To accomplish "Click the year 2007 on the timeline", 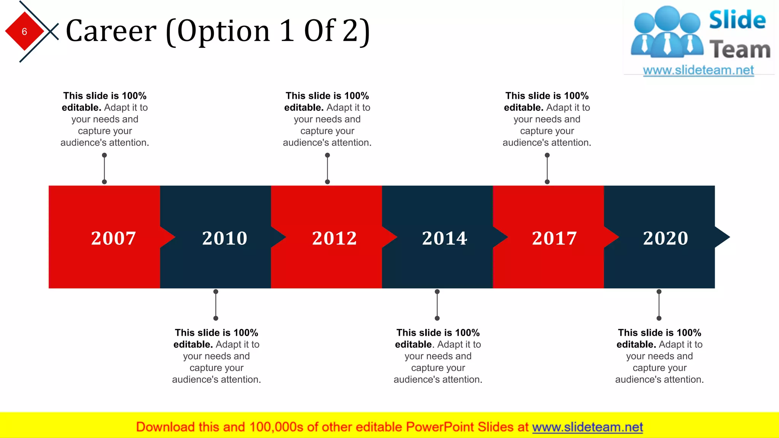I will coord(113,238).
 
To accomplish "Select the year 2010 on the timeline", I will coord(224,238).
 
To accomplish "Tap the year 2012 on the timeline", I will coord(334,238).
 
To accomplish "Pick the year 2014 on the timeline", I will coord(445,238).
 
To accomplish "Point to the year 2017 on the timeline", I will coord(554,238).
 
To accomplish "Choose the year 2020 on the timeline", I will coord(665,238).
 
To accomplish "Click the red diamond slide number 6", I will coord(24,32).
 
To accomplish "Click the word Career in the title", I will coord(111,31).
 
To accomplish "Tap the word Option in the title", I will coord(223,31).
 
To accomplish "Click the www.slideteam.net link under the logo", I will coord(698,70).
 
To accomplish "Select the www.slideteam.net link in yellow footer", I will coord(587,427).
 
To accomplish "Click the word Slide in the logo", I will coord(737,20).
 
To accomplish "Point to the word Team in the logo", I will coord(740,50).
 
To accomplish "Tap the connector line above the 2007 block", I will coord(105,168).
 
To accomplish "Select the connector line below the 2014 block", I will coord(437,305).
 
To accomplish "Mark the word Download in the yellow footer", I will coord(165,427).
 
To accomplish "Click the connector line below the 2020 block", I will coord(659,305).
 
